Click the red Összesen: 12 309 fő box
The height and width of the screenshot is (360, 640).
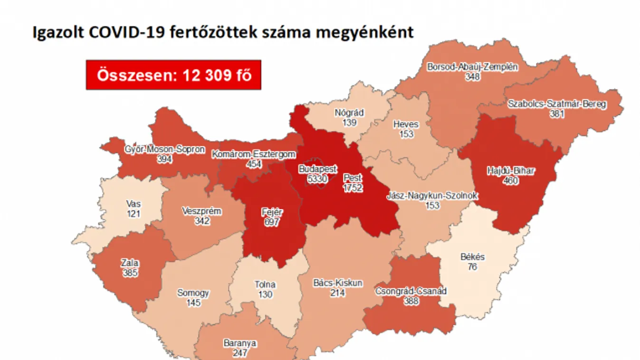point(173,75)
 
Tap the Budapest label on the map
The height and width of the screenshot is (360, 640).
point(317,169)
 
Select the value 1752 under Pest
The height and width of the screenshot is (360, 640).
point(353,188)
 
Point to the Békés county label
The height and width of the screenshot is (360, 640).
point(472,257)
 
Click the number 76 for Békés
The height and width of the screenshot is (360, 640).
point(472,266)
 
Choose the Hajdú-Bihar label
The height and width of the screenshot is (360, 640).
point(510,171)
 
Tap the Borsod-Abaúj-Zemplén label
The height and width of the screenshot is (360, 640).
point(472,67)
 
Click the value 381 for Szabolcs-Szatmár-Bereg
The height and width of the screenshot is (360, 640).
point(557,114)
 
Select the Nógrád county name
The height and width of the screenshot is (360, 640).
point(349,113)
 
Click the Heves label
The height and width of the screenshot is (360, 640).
point(406,124)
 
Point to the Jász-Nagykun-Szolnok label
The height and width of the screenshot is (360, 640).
point(432,196)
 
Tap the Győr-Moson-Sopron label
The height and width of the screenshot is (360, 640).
point(164,150)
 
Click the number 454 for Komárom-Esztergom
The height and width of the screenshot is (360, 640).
point(254,163)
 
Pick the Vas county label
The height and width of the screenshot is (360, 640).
point(134,204)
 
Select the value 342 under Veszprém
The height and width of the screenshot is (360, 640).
point(201,220)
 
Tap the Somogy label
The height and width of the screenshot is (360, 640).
point(193,293)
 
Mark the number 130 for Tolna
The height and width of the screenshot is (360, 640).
point(265,294)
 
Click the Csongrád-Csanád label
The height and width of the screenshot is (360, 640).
point(411,291)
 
